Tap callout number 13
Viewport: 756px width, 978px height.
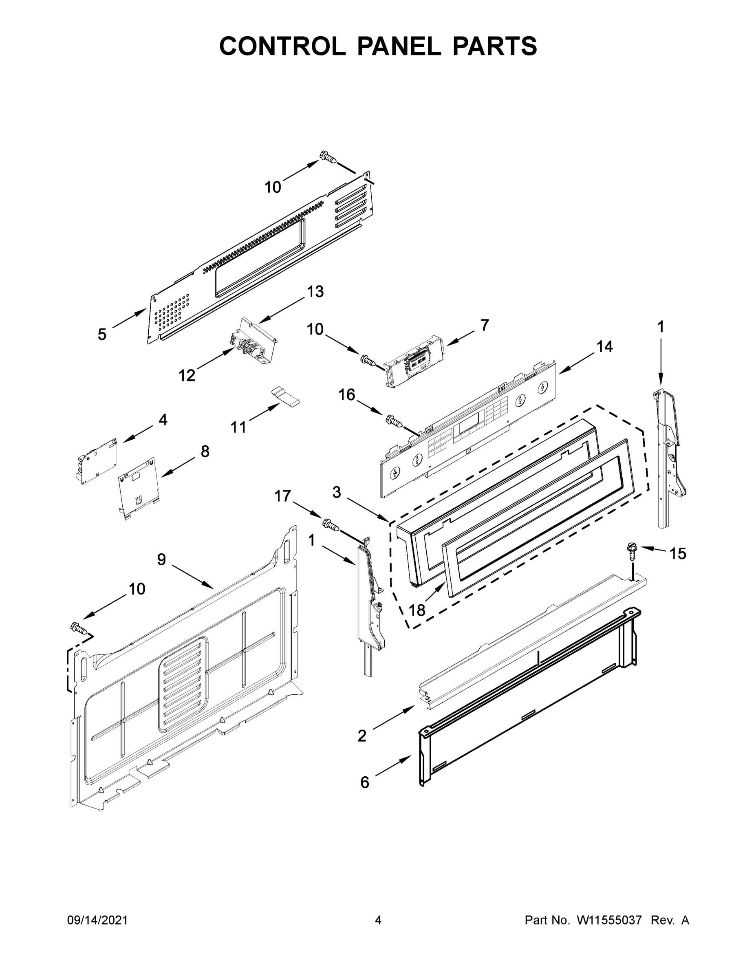(315, 291)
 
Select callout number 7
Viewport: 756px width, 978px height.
(485, 325)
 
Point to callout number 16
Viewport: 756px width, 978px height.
(347, 395)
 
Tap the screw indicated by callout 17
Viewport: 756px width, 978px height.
(331, 525)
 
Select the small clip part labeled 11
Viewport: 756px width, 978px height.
(285, 397)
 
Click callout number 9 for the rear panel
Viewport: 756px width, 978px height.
(162, 559)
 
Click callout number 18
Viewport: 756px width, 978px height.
(417, 610)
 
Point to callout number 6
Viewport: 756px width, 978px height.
(365, 782)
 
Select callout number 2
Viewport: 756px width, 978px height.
(362, 736)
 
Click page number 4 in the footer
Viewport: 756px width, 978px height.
(378, 920)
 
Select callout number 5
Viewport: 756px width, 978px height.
(102, 334)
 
